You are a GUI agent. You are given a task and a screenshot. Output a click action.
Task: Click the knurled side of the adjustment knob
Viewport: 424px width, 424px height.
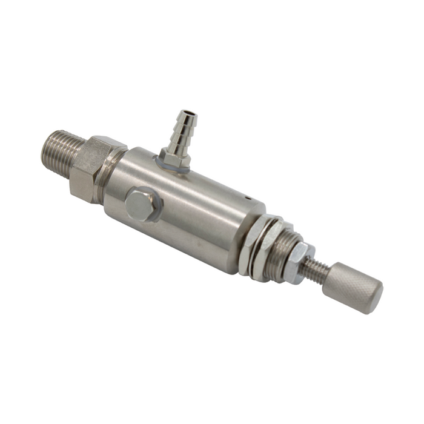(348, 285)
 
